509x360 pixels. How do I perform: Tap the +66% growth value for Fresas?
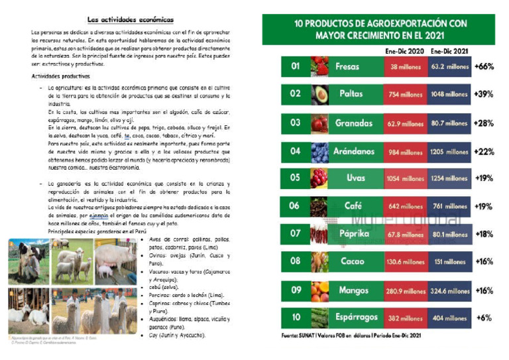(484, 67)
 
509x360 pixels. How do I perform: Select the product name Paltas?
(351, 94)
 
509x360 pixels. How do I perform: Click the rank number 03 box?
(295, 123)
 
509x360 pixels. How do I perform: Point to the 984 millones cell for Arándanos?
(406, 152)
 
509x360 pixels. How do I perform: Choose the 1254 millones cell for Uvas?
(449, 179)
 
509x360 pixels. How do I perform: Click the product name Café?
(351, 207)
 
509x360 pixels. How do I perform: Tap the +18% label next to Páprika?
(484, 233)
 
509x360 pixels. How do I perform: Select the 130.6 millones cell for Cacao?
(406, 261)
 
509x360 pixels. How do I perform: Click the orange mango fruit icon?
(320, 290)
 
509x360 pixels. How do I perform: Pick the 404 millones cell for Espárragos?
(449, 318)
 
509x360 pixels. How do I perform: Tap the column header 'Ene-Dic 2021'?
(449, 50)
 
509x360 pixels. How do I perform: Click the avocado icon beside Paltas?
(320, 95)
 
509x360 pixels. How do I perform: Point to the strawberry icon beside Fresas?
(320, 67)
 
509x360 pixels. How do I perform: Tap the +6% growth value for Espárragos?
(484, 318)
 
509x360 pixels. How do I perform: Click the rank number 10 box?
(295, 318)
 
